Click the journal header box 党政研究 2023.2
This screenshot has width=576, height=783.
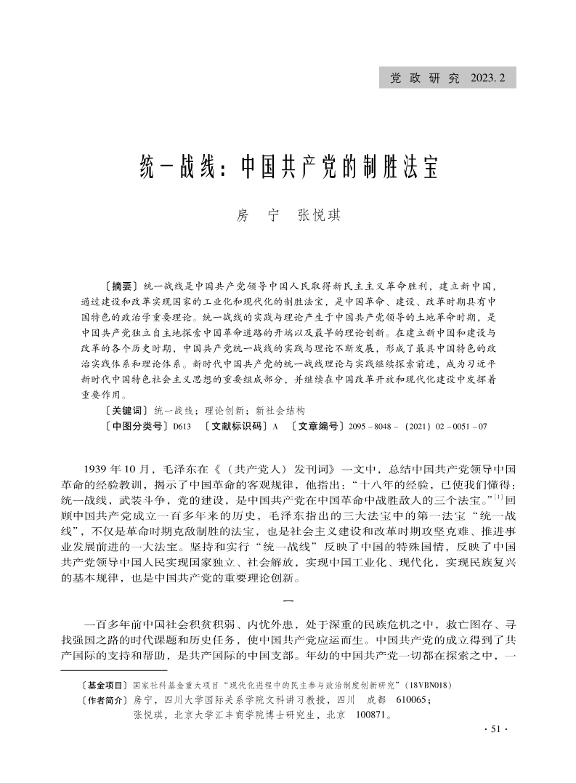(447, 78)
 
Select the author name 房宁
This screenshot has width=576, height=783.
(248, 216)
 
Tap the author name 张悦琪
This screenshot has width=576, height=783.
(320, 216)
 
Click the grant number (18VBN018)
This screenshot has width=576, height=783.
(429, 686)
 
